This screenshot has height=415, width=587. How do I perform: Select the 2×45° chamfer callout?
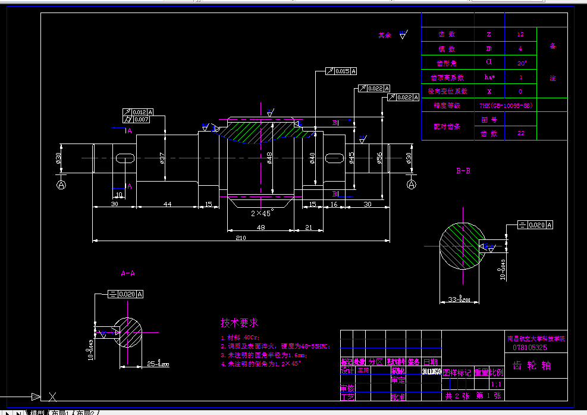(262, 213)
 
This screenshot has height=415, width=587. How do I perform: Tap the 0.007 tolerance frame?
(141, 120)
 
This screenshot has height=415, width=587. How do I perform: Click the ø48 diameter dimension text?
(269, 158)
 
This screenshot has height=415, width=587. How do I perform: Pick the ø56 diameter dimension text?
(379, 158)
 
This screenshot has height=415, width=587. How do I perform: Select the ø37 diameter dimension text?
(162, 158)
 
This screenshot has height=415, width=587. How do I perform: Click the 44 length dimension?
(167, 204)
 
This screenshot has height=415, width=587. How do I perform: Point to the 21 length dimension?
(309, 227)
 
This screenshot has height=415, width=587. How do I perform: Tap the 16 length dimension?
(334, 204)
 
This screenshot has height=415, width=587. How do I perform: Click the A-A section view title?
(128, 273)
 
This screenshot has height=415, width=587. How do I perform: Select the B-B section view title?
(463, 171)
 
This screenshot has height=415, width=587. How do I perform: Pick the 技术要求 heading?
(240, 323)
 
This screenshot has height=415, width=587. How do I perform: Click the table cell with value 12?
(520, 35)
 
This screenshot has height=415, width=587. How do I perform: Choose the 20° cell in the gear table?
(520, 63)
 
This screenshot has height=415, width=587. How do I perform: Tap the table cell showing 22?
(520, 133)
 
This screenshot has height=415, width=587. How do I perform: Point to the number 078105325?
(529, 347)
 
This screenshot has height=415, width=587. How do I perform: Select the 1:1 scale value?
(497, 385)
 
